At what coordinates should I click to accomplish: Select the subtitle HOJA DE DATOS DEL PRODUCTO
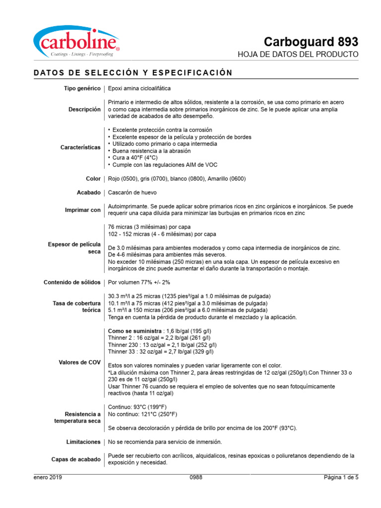(x=298, y=54)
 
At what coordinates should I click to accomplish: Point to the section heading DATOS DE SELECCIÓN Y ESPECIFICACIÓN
(x=133, y=73)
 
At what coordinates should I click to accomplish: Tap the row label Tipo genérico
(x=82, y=88)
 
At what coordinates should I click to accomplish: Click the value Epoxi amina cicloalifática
(x=139, y=88)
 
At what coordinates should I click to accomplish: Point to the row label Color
(x=93, y=179)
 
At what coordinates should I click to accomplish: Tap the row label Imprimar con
(x=82, y=210)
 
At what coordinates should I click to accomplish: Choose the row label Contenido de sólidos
(x=72, y=282)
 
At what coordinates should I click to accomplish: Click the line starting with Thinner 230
(x=162, y=345)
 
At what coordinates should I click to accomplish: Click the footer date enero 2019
(x=48, y=478)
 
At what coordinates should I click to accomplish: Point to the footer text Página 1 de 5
(x=341, y=478)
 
